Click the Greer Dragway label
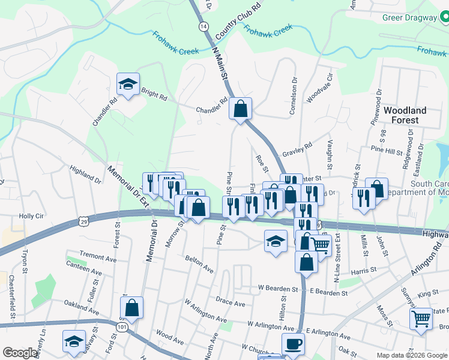pos(410,17)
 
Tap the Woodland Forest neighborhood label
pos(405,115)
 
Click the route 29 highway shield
pos(83,222)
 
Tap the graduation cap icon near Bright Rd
pos(128,85)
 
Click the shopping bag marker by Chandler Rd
pos(240,109)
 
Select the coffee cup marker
pos(293,344)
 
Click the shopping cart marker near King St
pos(421,319)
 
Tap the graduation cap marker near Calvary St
pos(73,342)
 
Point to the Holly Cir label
pos(32,216)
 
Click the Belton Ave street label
pos(199,263)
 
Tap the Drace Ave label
pos(231,304)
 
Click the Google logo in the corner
pos(20,353)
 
